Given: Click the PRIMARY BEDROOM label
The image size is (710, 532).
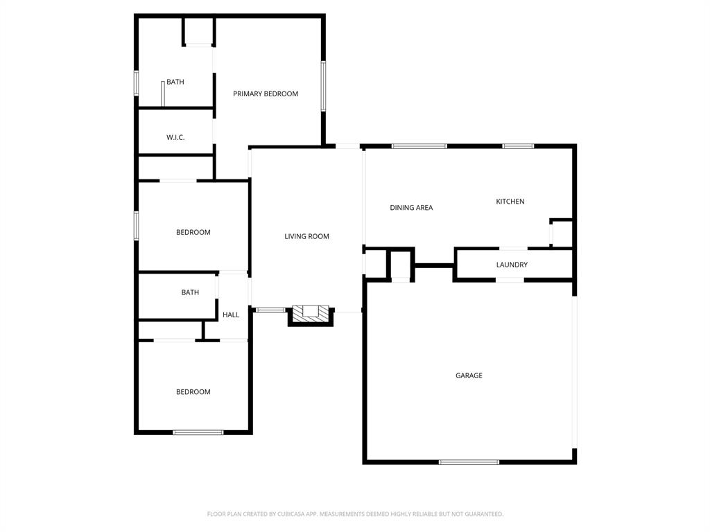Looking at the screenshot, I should tap(266, 94).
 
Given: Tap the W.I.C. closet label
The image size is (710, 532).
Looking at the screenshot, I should tap(175, 138).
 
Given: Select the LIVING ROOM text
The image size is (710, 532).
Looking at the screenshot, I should tap(306, 237).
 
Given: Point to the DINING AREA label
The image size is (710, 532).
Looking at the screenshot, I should tap(411, 208).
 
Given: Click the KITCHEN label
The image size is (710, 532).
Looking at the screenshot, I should tap(510, 202).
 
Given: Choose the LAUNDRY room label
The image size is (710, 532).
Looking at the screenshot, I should tap(512, 265).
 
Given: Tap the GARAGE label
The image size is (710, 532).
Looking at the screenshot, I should tap(469, 376).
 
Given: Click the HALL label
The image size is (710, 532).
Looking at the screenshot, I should tap(231, 315).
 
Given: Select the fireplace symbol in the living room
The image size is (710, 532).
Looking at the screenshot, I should tap(310, 313).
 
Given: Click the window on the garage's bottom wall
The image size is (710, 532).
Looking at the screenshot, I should tap(469, 461).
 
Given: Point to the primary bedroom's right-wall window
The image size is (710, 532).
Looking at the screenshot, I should tap(323, 86).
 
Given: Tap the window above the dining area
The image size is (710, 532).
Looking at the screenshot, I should tap(419, 146).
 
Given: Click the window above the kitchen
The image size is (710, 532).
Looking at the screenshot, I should tap(518, 146).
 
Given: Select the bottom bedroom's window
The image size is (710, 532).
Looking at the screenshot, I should tap(198, 432).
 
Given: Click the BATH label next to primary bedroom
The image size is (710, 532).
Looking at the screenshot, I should tap(175, 82).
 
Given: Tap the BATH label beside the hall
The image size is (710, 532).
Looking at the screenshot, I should tap(190, 293).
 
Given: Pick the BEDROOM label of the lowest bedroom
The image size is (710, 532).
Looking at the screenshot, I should tap(193, 392).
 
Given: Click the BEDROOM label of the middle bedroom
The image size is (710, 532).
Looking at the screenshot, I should tap(193, 233).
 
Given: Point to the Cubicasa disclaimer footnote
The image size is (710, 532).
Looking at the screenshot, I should tap(355, 514).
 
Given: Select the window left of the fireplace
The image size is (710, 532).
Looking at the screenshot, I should tap(270, 310).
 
